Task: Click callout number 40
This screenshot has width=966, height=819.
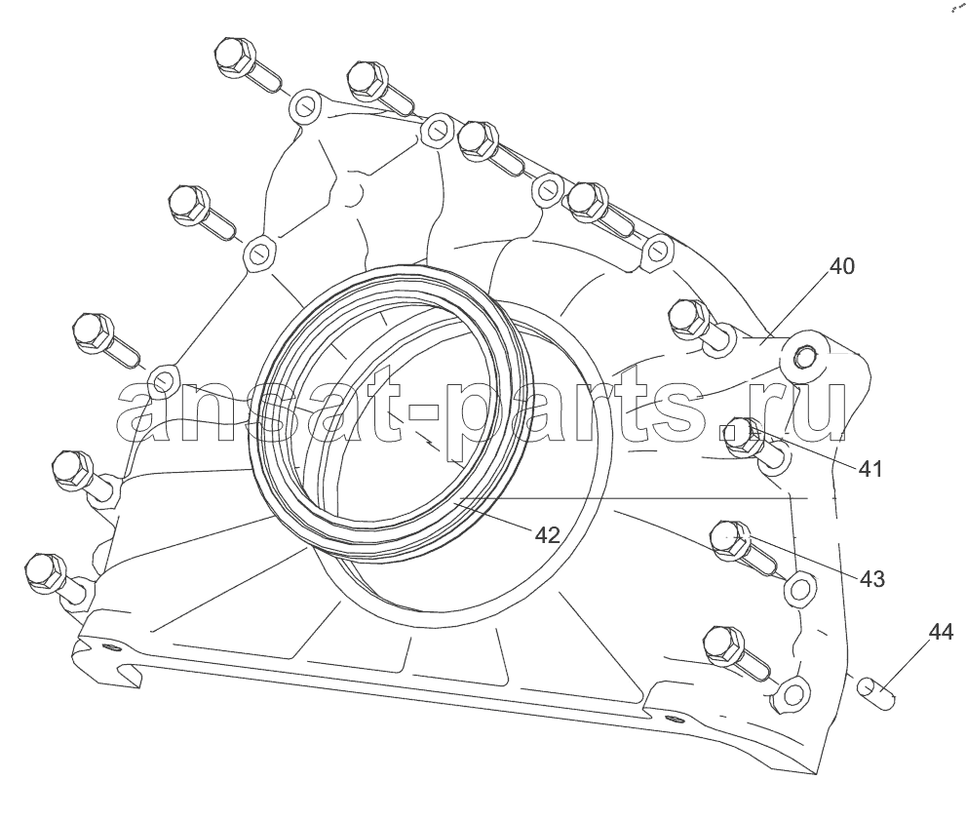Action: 842,265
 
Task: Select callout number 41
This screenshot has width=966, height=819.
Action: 869,469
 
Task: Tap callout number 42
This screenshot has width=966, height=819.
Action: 547,533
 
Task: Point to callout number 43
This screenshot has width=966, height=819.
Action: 871,579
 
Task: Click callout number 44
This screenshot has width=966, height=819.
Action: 940,633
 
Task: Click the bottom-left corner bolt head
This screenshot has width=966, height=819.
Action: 44,569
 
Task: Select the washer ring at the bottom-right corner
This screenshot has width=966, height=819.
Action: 792,693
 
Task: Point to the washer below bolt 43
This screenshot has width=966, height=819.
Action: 799,588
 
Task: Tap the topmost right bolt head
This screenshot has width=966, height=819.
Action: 588,199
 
